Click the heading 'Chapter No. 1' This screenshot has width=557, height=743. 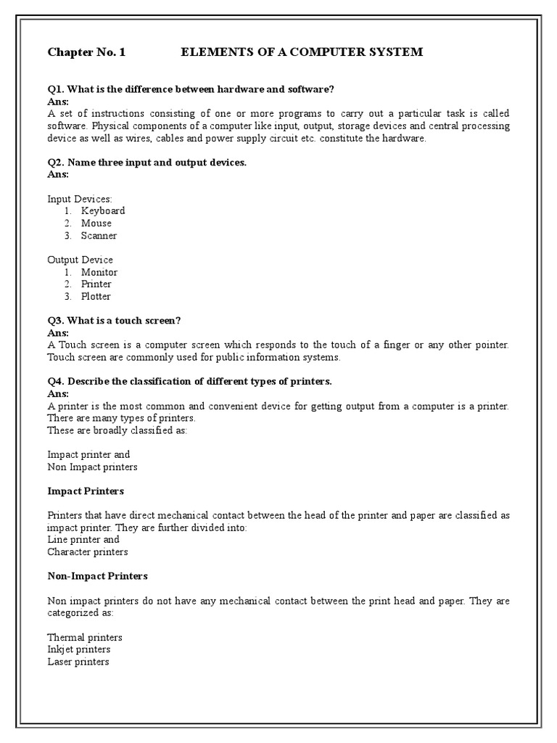click(86, 52)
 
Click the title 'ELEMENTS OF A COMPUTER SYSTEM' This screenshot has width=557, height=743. click(301, 52)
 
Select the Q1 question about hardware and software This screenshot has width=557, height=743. click(191, 89)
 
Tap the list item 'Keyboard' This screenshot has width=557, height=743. click(103, 210)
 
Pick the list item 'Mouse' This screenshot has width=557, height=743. click(96, 223)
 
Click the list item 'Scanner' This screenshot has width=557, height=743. click(99, 236)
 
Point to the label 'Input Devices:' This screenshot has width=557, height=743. click(80, 198)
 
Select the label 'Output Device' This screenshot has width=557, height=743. click(81, 260)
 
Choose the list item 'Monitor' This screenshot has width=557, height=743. click(99, 272)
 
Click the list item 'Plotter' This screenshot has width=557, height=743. click(96, 296)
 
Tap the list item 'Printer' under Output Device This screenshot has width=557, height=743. click(96, 284)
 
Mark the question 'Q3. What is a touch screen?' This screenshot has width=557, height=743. click(114, 321)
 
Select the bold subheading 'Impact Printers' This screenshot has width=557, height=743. click(86, 491)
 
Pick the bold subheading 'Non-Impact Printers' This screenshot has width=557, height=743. click(98, 576)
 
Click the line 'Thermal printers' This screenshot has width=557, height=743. click(85, 637)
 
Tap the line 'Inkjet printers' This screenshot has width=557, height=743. click(79, 649)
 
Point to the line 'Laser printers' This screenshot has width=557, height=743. click(78, 662)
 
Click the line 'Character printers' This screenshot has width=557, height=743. click(88, 552)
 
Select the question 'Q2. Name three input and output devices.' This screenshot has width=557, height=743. click(147, 163)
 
